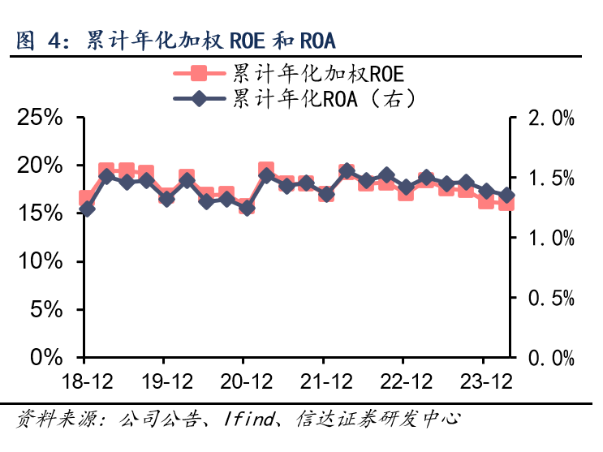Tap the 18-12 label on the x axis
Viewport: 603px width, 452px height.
84,381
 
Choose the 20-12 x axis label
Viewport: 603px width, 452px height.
243,381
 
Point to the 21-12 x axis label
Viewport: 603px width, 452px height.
323,381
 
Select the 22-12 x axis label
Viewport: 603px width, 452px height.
403,381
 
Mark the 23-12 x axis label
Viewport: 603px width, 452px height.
484,381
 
